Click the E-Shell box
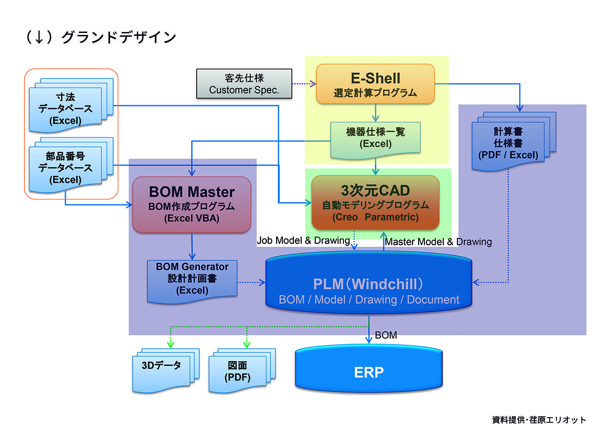pyautogui.click(x=375, y=84)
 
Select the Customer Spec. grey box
pyautogui.click(x=244, y=84)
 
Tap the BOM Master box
pyautogui.click(x=191, y=205)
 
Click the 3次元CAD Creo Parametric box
pyautogui.click(x=375, y=203)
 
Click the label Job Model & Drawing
pyautogui.click(x=303, y=241)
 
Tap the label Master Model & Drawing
pyautogui.click(x=438, y=242)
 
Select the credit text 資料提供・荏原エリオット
pyautogui.click(x=539, y=420)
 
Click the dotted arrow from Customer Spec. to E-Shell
pyautogui.click(x=304, y=84)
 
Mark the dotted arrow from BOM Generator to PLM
pyautogui.click(x=251, y=282)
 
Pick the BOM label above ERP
pyautogui.click(x=386, y=335)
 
